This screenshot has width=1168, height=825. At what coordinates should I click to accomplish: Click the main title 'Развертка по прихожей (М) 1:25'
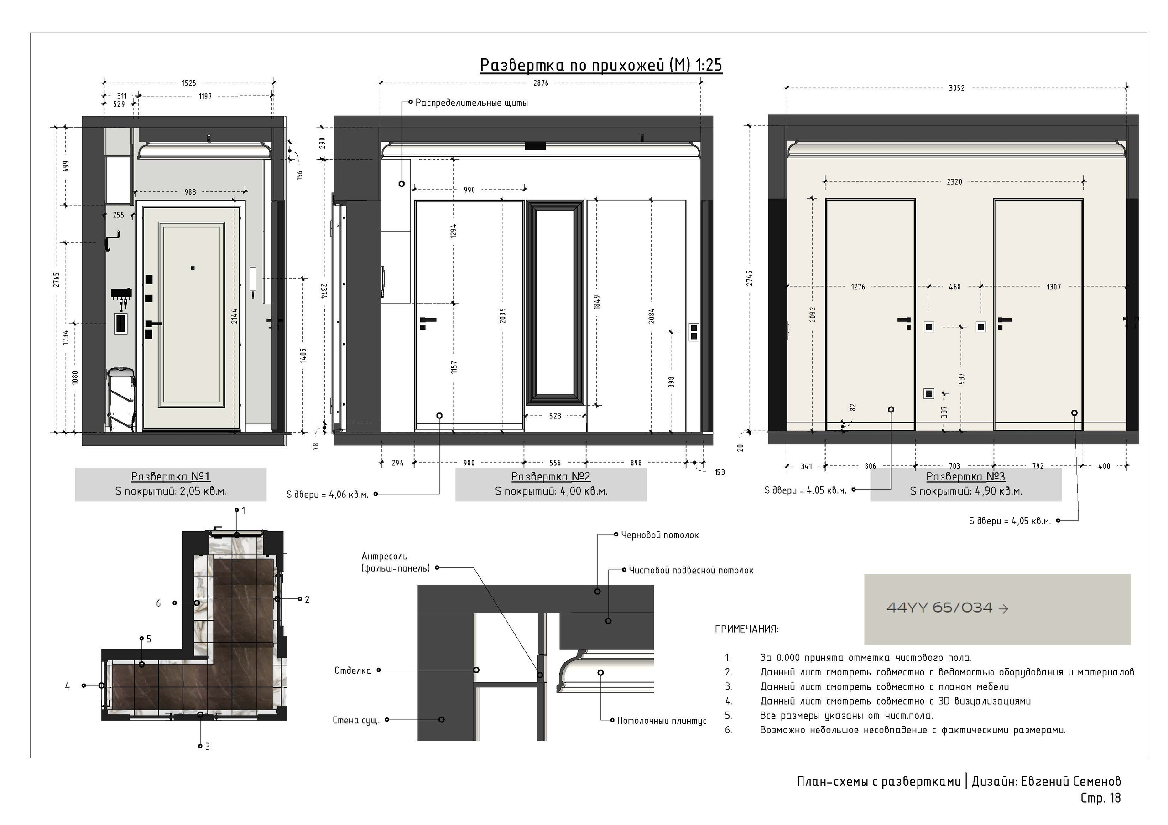click(x=601, y=65)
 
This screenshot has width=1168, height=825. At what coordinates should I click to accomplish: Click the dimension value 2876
click(x=541, y=83)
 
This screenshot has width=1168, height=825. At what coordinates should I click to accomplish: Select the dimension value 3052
click(x=956, y=88)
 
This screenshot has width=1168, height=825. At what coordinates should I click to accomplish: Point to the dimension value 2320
click(x=954, y=181)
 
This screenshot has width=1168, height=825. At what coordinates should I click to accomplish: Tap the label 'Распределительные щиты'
click(x=472, y=103)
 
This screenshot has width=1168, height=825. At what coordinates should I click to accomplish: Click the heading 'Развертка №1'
click(x=171, y=477)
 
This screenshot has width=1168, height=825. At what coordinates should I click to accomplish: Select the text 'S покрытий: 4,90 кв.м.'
click(x=966, y=491)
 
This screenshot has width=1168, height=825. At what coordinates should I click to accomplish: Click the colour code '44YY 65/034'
click(x=939, y=608)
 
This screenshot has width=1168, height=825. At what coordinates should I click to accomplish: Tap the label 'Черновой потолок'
click(x=660, y=535)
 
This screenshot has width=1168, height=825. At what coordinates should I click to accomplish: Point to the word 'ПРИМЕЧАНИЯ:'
click(x=746, y=629)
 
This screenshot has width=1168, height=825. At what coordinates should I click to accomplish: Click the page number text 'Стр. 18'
click(x=1100, y=798)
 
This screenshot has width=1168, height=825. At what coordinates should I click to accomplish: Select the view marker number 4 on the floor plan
click(x=67, y=686)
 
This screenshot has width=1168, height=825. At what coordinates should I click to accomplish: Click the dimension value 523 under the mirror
click(x=555, y=416)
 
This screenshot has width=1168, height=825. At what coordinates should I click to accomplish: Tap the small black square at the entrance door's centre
click(x=193, y=268)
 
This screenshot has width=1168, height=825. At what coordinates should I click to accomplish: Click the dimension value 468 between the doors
click(x=955, y=287)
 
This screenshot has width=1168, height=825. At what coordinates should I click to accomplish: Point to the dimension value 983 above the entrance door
click(x=190, y=192)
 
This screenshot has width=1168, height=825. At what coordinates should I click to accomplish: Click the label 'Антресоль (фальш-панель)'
click(x=396, y=562)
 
